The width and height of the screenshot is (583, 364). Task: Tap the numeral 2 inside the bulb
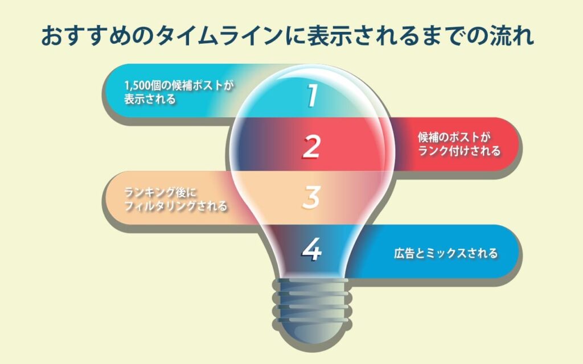tap(311, 147)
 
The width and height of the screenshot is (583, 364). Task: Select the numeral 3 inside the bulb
tap(311, 197)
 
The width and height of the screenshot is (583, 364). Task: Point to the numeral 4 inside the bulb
tap(311, 249)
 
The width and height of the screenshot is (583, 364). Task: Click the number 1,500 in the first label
tap(138, 86)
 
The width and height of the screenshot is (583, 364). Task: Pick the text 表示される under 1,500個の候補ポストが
tap(150, 99)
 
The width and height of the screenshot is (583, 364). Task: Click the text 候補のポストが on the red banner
tap(454, 137)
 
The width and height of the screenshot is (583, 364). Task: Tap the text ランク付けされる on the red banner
tap(459, 151)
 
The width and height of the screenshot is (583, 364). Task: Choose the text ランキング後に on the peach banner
tap(160, 192)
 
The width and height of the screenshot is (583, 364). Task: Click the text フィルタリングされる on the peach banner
tap(175, 206)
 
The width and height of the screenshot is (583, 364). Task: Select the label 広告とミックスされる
tap(446, 253)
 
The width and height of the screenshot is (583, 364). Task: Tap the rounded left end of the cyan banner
tap(112, 90)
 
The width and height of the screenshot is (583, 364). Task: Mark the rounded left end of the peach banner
tap(112, 197)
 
